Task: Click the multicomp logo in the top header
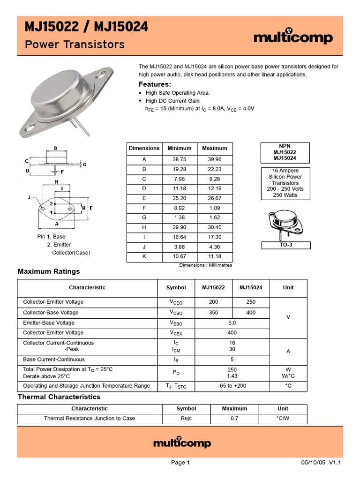pos(293,37)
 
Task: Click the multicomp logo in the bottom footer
pos(182,442)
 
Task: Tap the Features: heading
pos(155,84)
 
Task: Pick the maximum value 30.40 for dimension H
pos(214,227)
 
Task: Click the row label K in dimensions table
pos(144,256)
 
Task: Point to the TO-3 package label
pos(285,245)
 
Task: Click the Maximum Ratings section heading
pos(49,271)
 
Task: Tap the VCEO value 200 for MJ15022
pos(214,302)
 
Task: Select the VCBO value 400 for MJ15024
pos(251,313)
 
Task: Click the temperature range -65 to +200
pos(232,386)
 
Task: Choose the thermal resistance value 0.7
pos(234,418)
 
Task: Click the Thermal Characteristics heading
pos(59,397)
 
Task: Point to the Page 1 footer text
pos(180,463)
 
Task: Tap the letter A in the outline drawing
pos(56,224)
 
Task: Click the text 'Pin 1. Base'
pos(52,237)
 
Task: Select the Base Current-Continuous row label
pos(54,360)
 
